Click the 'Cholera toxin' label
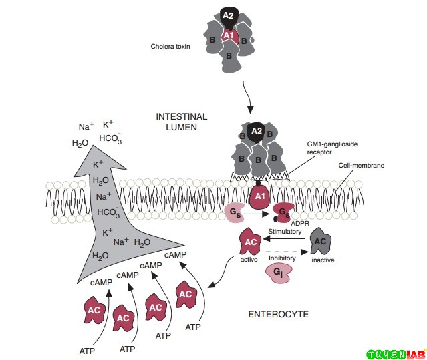pyautogui.click(x=172, y=47)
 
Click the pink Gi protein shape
pyautogui.click(x=278, y=273)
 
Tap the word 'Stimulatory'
pyautogui.click(x=284, y=231)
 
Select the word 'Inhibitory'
pyautogui.click(x=281, y=256)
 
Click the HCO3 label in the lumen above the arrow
pyautogui.click(x=110, y=139)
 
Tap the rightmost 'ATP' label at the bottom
pyautogui.click(x=193, y=327)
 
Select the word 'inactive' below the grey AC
pyautogui.click(x=323, y=260)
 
